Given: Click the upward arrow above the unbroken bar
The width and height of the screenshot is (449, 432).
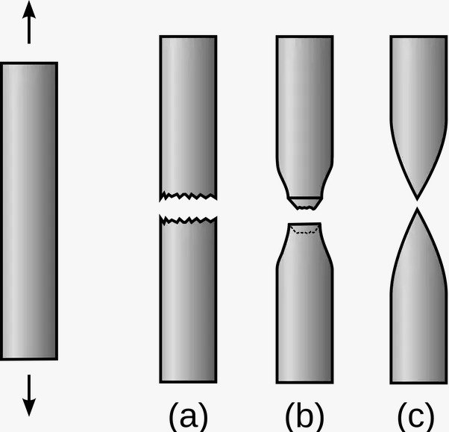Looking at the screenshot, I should (x=29, y=22).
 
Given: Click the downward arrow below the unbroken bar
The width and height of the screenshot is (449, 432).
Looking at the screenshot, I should (x=29, y=395).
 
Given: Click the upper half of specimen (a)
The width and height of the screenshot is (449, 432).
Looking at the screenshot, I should (x=188, y=112).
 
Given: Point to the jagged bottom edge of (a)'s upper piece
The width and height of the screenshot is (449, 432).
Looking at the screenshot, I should (x=188, y=197).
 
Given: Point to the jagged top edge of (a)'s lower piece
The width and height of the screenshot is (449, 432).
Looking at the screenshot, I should (x=188, y=220).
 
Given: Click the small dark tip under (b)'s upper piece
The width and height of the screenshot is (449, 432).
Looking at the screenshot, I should (x=304, y=202).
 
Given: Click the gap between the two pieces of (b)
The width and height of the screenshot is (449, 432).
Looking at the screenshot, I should (x=304, y=215).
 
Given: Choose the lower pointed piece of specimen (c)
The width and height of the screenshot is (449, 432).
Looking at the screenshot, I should (x=418, y=313).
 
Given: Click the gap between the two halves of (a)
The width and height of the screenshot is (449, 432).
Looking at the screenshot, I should (x=188, y=209).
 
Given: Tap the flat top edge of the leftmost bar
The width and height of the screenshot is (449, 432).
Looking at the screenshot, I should (x=29, y=63).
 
